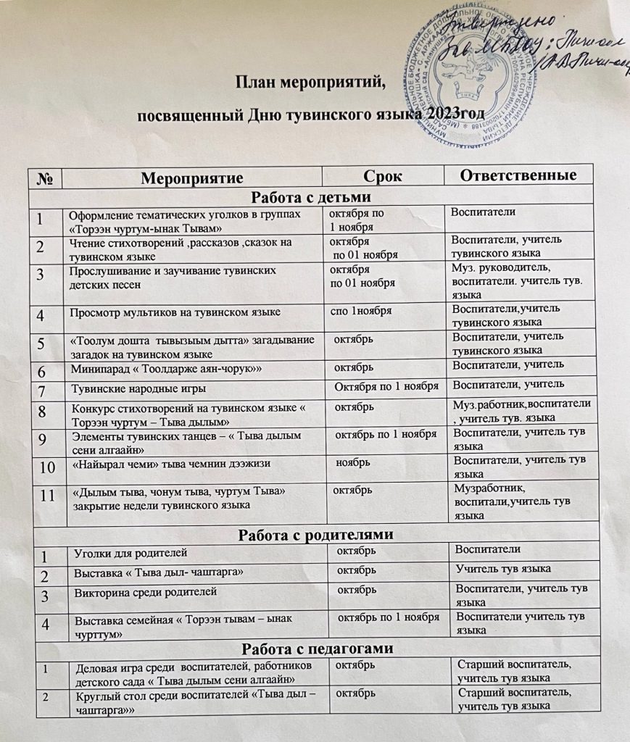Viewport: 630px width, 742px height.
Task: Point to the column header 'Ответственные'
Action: pos(518,176)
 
